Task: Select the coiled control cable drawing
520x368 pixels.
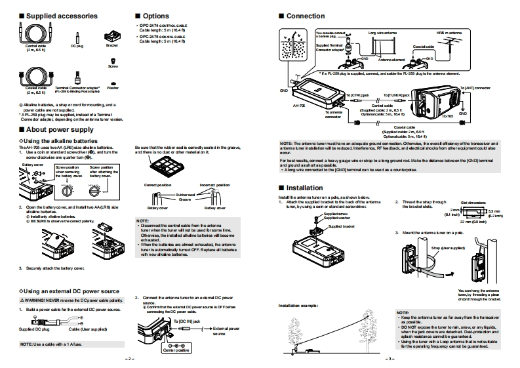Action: click(x=33, y=31)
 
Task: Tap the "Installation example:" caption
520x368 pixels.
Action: click(x=298, y=306)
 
